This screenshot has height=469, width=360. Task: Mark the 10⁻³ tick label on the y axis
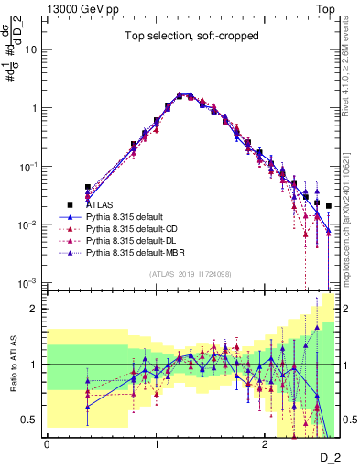point(31,282)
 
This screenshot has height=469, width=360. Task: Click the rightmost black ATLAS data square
point(329,206)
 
